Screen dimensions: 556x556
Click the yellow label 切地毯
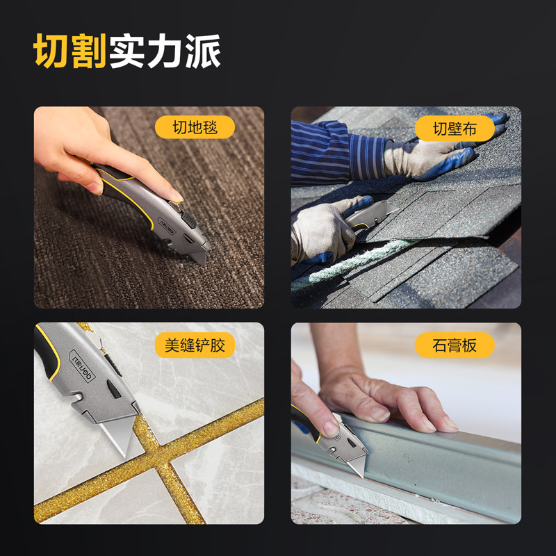(x=195, y=127)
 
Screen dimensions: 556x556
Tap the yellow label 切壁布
(x=455, y=129)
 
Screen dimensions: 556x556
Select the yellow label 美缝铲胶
(x=195, y=345)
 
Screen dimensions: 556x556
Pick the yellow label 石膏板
(x=455, y=345)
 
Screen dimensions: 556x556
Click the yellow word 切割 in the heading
(x=70, y=51)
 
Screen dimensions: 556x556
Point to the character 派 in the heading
(x=203, y=51)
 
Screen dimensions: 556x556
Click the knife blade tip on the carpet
(x=203, y=263)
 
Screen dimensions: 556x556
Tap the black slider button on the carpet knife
(x=188, y=220)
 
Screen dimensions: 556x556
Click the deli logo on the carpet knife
(x=167, y=226)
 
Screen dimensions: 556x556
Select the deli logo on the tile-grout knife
(x=82, y=366)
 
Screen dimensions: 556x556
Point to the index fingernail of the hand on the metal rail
(x=379, y=414)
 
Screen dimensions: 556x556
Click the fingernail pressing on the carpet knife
(x=177, y=196)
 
